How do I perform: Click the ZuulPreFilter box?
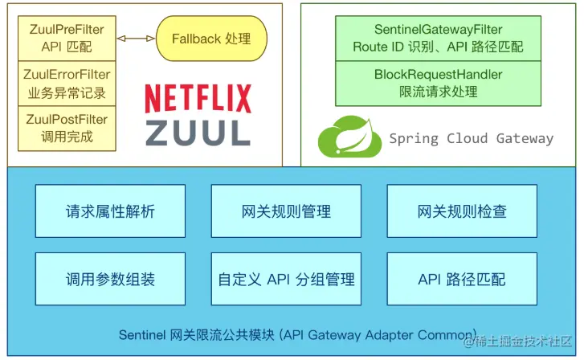point(67,39)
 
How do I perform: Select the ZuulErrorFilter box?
point(67,84)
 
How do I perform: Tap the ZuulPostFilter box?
point(67,129)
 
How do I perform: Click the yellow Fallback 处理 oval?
point(211,39)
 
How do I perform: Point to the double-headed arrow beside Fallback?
point(136,38)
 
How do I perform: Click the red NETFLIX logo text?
point(198,99)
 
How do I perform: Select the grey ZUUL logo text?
point(198,133)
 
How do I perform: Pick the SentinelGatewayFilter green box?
point(438,39)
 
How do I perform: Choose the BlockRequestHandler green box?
point(438,84)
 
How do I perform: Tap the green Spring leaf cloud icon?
point(349,137)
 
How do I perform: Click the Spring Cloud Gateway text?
point(472,138)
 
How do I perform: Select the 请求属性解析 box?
point(110,211)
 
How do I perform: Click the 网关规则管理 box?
point(286,211)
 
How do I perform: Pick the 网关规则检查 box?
point(462,211)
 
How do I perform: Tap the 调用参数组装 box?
point(110,279)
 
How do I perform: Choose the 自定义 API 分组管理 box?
point(286,279)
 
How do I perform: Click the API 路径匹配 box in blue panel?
point(462,279)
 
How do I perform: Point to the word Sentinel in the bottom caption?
point(142,335)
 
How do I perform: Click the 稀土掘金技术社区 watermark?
point(518,341)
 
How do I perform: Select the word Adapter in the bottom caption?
point(390,335)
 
